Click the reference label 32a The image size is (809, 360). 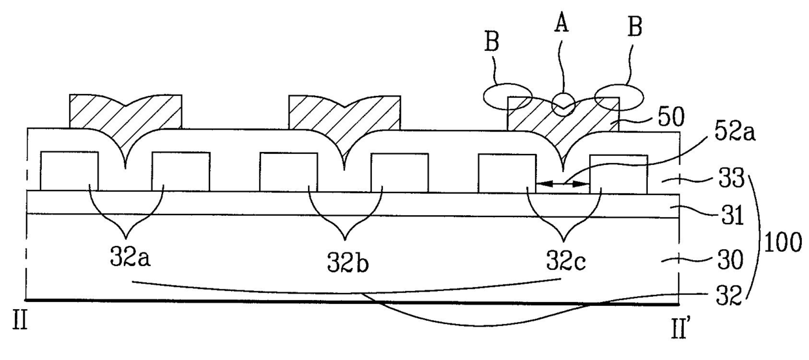[130, 258]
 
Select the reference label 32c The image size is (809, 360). [566, 260]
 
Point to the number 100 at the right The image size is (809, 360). [783, 243]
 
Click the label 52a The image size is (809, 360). [734, 133]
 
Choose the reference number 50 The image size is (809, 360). [671, 117]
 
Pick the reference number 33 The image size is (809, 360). [731, 179]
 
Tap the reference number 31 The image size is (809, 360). [731, 215]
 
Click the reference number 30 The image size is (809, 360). [731, 260]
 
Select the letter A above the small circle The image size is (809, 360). [561, 24]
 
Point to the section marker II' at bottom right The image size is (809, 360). [679, 327]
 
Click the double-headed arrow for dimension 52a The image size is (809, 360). [562, 184]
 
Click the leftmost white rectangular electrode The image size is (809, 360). [69, 171]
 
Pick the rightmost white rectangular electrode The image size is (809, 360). [618, 174]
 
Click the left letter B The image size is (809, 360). [492, 43]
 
